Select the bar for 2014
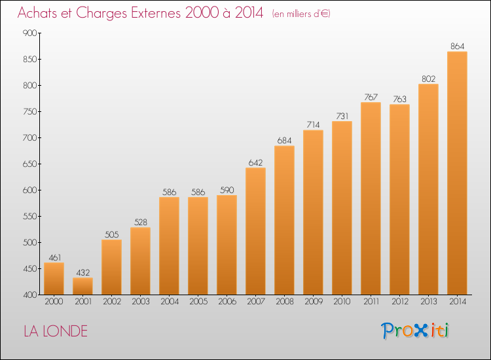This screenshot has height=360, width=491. click(x=457, y=173)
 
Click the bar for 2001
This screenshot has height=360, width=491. click(x=82, y=286)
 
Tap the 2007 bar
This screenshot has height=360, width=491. click(x=255, y=231)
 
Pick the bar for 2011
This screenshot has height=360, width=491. click(x=371, y=198)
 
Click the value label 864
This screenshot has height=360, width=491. click(x=457, y=46)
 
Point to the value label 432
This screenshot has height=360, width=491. click(x=82, y=273)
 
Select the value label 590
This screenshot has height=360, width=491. click(x=227, y=190)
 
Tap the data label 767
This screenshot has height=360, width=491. click(x=371, y=97)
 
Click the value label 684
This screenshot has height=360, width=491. click(x=284, y=141)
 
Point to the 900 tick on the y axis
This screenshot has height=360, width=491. click(x=29, y=33)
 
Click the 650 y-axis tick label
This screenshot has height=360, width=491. click(x=29, y=164)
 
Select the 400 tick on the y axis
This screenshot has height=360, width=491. click(x=29, y=295)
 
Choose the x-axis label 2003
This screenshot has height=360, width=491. click(x=141, y=302)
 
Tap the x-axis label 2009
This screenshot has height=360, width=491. click(x=314, y=302)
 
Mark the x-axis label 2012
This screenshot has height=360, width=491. click(x=400, y=302)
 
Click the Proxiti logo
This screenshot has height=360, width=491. click(x=415, y=331)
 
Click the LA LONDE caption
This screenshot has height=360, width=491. click(x=56, y=331)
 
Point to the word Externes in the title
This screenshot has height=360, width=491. click(x=156, y=12)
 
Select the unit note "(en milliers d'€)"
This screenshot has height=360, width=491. click(x=301, y=14)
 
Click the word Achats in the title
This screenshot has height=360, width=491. click(x=37, y=12)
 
